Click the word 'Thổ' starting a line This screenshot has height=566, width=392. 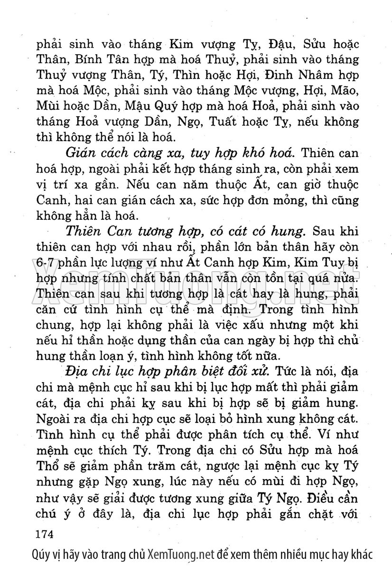(x=47, y=465)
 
